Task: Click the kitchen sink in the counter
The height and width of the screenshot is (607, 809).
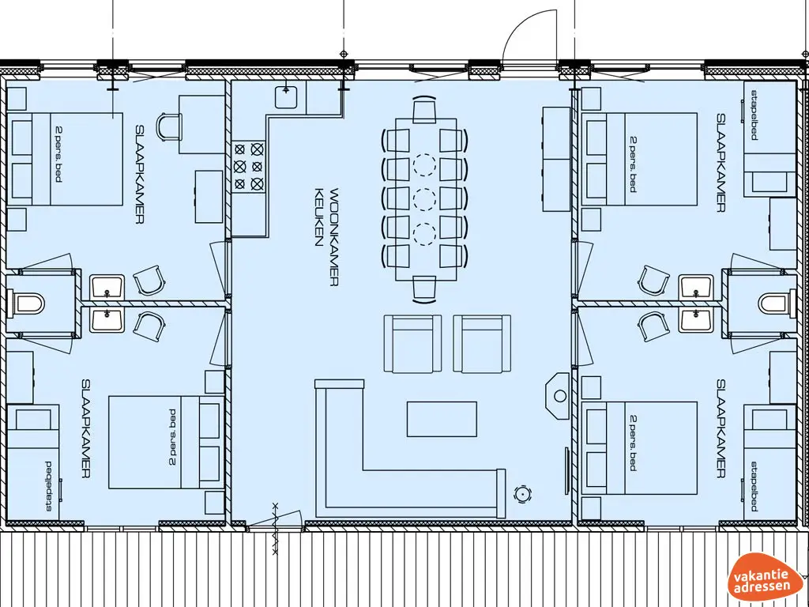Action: pos(286,97)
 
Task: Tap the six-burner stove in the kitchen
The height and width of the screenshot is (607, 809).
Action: pos(248,166)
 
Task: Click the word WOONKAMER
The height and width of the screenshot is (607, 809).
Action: pos(334,236)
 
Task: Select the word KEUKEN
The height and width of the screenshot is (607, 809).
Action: pos(319,217)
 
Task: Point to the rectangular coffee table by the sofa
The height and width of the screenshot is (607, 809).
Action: pos(442,419)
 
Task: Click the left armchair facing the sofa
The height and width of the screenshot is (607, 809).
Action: pos(412,343)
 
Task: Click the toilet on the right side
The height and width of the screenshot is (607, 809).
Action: pos(775,302)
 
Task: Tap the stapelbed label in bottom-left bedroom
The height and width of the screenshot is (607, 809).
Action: pos(49,485)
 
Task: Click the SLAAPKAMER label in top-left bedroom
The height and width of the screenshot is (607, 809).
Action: pos(139,174)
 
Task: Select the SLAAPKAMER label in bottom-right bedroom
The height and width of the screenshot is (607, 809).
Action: pos(720,428)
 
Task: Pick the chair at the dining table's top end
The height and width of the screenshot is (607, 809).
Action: pos(424,109)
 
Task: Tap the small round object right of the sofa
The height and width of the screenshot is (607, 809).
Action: pos(521,493)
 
